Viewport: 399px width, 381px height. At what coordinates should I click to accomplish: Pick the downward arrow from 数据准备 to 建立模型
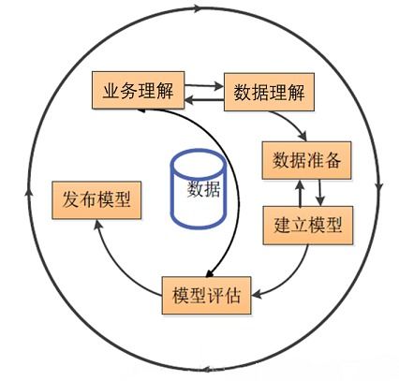pyautogui.click(x=319, y=193)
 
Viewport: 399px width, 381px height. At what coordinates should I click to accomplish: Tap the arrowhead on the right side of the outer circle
pyautogui.click(x=379, y=187)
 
